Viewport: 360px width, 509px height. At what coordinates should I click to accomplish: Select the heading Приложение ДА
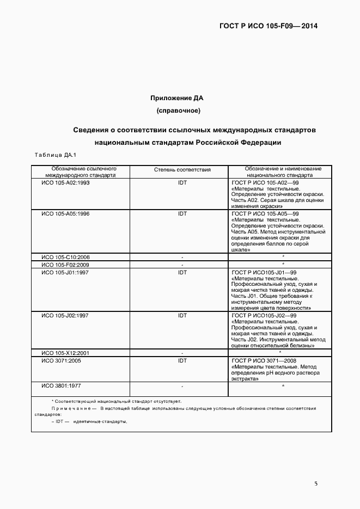[177, 98]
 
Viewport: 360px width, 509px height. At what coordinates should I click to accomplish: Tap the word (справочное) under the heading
[178, 111]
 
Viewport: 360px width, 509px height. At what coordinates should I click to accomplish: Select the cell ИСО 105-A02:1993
[65, 183]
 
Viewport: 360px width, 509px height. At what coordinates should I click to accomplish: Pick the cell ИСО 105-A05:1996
[65, 214]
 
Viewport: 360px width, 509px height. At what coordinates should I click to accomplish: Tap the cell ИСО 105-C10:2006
[65, 257]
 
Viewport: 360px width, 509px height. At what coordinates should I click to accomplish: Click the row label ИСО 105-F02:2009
[65, 265]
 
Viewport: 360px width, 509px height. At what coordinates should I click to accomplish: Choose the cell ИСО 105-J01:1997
[65, 272]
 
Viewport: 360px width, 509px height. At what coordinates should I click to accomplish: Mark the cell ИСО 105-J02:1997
[65, 315]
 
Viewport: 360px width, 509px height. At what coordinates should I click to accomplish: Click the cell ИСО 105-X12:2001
[65, 353]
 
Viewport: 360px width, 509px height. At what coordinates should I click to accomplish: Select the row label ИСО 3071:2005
[61, 360]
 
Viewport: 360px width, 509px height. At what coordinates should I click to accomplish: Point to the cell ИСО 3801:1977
[61, 385]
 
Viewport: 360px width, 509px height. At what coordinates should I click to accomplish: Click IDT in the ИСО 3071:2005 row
[182, 360]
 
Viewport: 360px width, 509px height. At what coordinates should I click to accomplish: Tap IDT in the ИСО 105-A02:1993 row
[182, 183]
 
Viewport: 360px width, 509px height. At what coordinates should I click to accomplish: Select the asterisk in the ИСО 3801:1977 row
[283, 386]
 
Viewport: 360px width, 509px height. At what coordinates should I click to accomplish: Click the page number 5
[316, 482]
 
